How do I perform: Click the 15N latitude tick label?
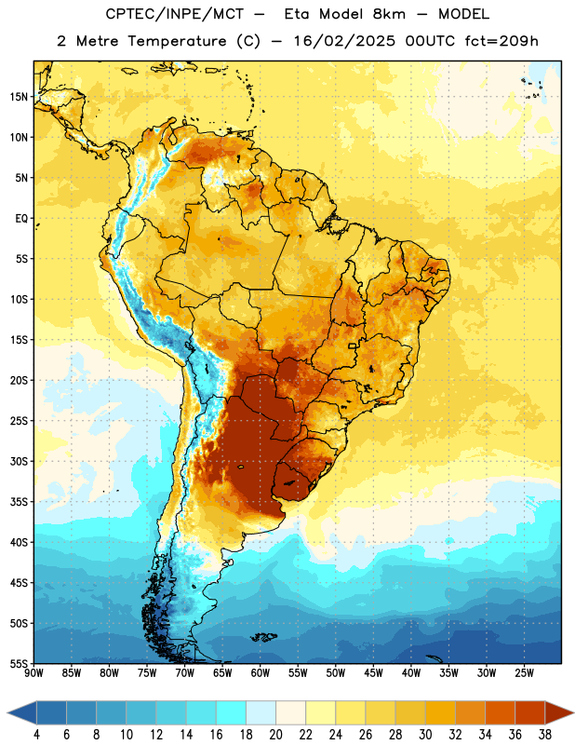[19, 97]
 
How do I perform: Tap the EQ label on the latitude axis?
[21, 219]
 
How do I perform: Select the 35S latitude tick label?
[19, 502]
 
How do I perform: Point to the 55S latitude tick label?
[19, 663]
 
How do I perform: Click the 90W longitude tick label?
[33, 673]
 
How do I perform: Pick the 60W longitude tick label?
[261, 673]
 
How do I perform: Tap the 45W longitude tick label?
[373, 673]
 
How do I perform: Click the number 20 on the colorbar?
[275, 735]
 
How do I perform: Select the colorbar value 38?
[545, 735]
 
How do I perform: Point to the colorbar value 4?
[36, 735]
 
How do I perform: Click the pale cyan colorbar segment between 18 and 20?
[261, 712]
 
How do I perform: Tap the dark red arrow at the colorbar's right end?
[558, 712]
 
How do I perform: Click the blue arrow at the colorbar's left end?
[22, 712]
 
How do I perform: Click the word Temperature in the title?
[177, 41]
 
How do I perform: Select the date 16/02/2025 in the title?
[344, 41]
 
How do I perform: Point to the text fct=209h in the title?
[501, 41]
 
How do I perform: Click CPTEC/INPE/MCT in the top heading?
[174, 14]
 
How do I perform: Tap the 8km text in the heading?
[389, 14]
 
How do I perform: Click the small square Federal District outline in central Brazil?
[353, 345]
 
